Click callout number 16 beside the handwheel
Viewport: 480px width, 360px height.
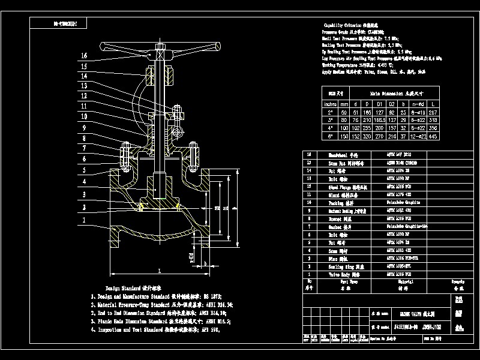tap(85, 56)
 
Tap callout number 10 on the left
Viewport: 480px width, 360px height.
tap(85, 116)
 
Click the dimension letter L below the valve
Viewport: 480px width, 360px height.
tap(159, 271)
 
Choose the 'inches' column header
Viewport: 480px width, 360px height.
tap(330, 103)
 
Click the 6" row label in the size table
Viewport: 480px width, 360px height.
tap(330, 136)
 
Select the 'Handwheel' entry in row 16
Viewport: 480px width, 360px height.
tap(335, 154)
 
